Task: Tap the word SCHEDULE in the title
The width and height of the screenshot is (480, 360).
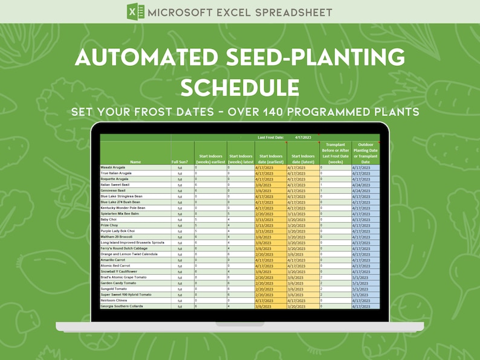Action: click(x=240, y=88)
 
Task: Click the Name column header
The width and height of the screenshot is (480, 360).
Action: click(x=135, y=162)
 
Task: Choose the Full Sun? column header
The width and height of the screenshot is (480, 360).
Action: click(x=180, y=162)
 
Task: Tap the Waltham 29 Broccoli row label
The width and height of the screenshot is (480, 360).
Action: click(x=117, y=237)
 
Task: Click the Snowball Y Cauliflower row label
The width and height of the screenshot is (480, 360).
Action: click(x=119, y=271)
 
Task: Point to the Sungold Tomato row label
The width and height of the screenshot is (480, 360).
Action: click(x=114, y=289)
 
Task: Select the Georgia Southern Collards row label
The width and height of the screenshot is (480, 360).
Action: click(x=122, y=306)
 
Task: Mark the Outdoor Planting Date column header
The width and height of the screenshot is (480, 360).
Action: click(x=365, y=153)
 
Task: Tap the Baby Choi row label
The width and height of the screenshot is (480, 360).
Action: click(x=109, y=219)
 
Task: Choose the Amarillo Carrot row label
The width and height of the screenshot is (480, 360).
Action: click(x=114, y=260)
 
